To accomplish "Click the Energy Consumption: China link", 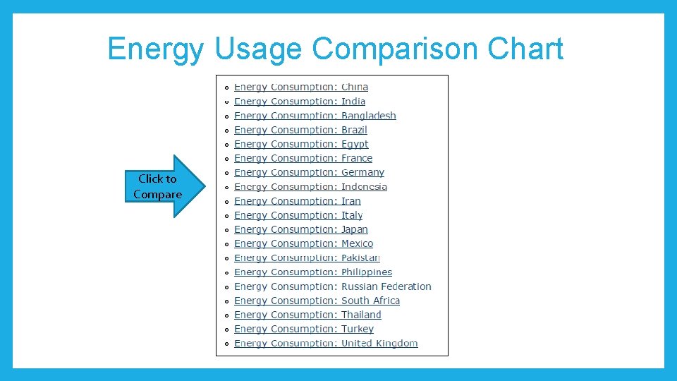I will [301, 87].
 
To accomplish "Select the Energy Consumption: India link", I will [300, 102].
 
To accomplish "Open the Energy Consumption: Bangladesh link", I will [315, 116].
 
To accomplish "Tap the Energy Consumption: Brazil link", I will [300, 130].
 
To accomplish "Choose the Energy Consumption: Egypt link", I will [301, 144].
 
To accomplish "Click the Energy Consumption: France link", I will [303, 159].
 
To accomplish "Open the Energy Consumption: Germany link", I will [309, 173].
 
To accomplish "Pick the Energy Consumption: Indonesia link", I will [310, 187].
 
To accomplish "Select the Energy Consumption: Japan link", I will [301, 229].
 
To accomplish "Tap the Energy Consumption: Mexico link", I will [303, 243].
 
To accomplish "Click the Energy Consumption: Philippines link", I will [313, 272].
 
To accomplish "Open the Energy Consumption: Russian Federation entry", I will [333, 286].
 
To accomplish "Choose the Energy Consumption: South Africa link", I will [317, 301].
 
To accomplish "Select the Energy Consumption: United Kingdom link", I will [326, 344].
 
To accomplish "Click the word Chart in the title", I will [525, 49].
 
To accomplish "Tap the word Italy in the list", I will [352, 215].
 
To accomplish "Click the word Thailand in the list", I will [361, 315].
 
